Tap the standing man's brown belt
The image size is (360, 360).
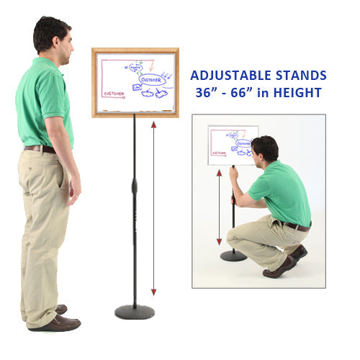tap(40, 149)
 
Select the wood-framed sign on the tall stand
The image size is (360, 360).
tap(135, 82)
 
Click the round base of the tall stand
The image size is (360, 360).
tap(135, 311)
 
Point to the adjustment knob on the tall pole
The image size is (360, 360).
tap(135, 187)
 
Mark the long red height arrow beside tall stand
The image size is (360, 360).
tap(153, 209)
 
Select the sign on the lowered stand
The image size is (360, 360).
tap(233, 145)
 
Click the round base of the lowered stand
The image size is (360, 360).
tap(233, 256)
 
